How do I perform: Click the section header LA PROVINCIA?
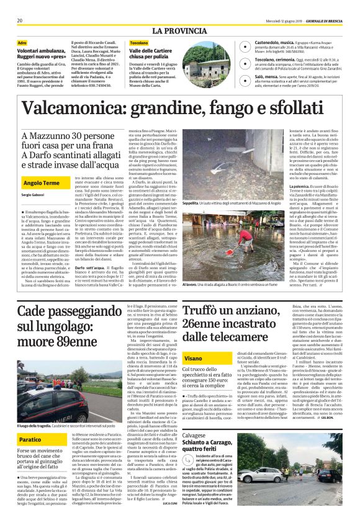(179, 30)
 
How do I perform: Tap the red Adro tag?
(22, 42)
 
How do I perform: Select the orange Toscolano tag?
(139, 42)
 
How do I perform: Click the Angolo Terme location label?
(40, 184)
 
